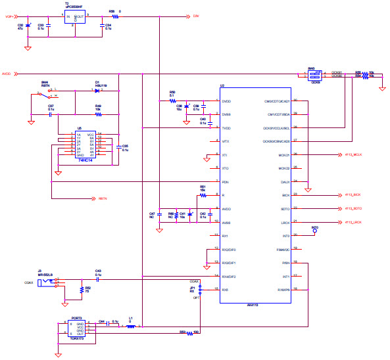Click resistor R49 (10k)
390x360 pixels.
(98, 114)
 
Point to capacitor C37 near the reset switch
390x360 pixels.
(51, 114)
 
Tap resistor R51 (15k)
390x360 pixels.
(203, 195)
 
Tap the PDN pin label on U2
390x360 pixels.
(225, 181)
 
